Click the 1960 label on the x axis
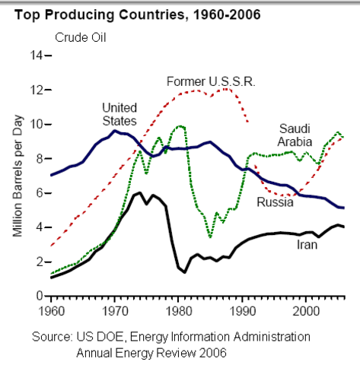[51, 311]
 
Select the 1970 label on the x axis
[115, 311]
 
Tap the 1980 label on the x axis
[179, 311]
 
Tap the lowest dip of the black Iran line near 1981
[185, 272]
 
